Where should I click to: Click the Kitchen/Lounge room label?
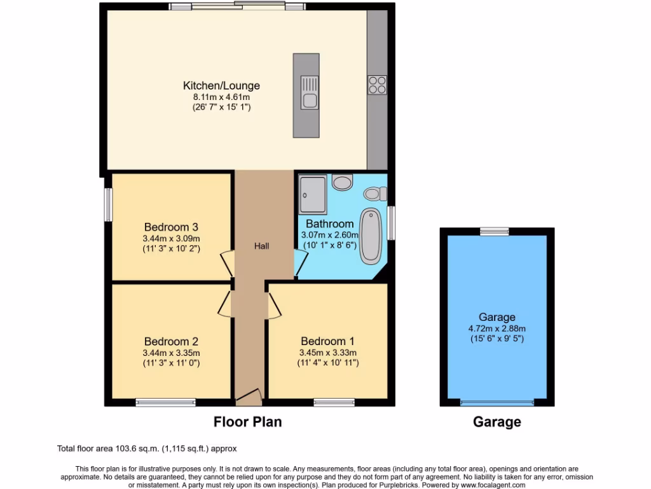click(x=221, y=86)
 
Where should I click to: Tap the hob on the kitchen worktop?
click(x=376, y=85)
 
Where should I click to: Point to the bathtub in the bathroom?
click(x=369, y=236)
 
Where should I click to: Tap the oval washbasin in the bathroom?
click(x=342, y=183)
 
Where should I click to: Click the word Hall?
click(x=262, y=246)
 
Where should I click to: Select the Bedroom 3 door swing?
click(x=227, y=264)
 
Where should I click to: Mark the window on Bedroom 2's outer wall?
click(x=165, y=402)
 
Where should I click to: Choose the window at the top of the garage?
click(x=494, y=231)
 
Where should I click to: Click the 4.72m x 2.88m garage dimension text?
click(x=497, y=329)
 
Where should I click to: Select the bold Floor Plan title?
click(x=247, y=422)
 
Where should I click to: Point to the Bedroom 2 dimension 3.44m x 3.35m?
click(x=172, y=353)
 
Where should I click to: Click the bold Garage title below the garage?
click(x=497, y=422)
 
